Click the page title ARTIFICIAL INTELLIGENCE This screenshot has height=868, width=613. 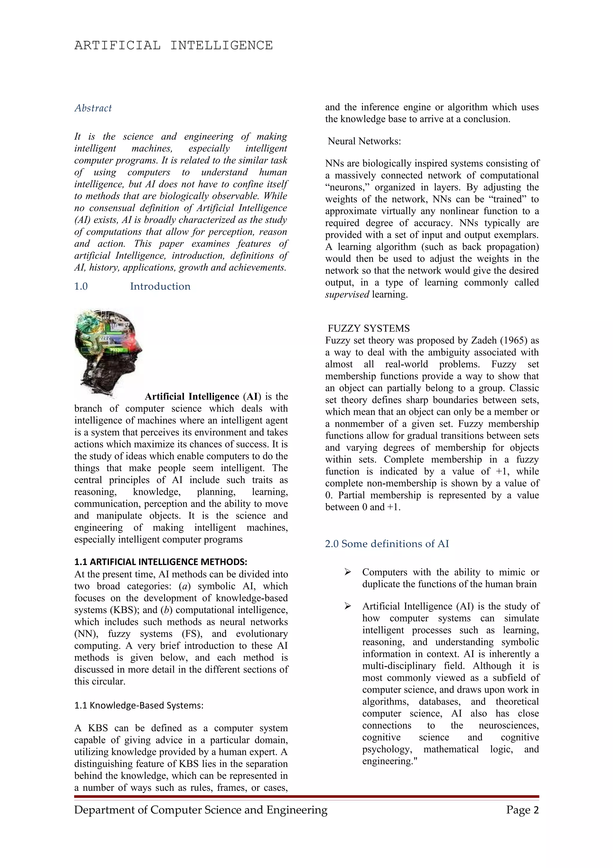pyautogui.click(x=173, y=45)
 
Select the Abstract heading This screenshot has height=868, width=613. pyautogui.click(x=93, y=108)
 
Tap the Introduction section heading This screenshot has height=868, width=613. pyautogui.click(x=160, y=286)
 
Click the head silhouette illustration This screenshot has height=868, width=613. pyautogui.click(x=108, y=352)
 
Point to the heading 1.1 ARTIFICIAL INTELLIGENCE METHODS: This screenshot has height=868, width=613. pyautogui.click(x=160, y=562)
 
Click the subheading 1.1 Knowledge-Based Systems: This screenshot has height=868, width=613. pyautogui.click(x=139, y=705)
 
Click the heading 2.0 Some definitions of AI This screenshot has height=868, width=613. pyautogui.click(x=387, y=544)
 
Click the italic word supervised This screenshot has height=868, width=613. pyautogui.click(x=347, y=294)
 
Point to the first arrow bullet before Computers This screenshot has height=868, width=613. pyautogui.click(x=348, y=572)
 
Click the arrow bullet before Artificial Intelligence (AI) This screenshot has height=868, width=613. pyautogui.click(x=348, y=607)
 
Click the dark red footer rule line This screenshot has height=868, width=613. pyautogui.click(x=306, y=796)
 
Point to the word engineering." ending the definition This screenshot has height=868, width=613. pyautogui.click(x=389, y=761)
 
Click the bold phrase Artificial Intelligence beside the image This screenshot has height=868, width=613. pyautogui.click(x=192, y=397)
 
